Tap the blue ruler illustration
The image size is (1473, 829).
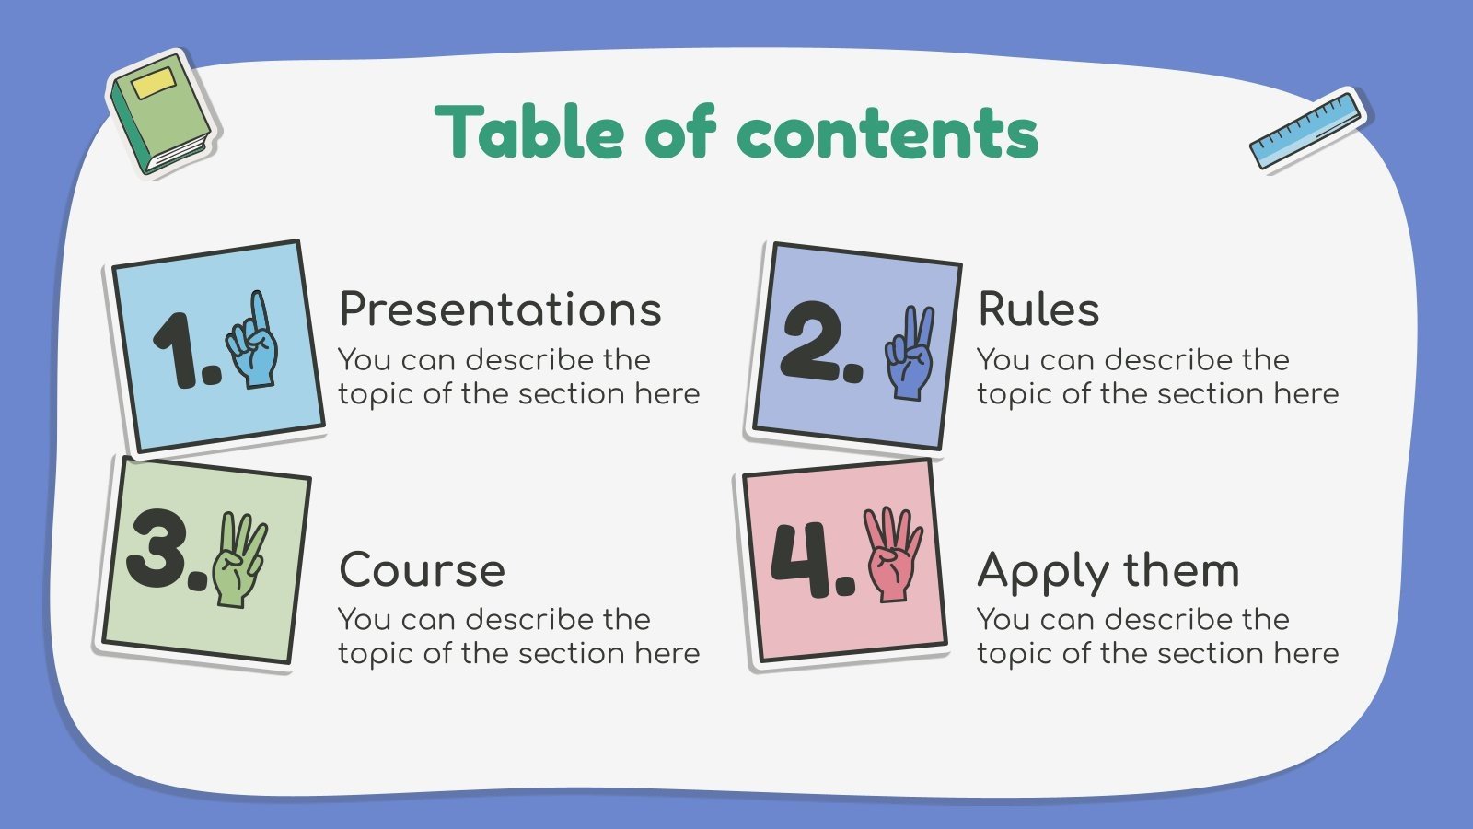(x=1306, y=130)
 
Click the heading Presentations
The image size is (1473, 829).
(x=500, y=309)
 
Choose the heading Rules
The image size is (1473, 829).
(x=1038, y=309)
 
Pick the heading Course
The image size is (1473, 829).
(x=422, y=570)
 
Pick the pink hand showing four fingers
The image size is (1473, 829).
(x=891, y=554)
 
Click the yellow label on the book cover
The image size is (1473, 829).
(x=154, y=84)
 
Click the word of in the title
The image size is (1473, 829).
(x=679, y=133)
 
